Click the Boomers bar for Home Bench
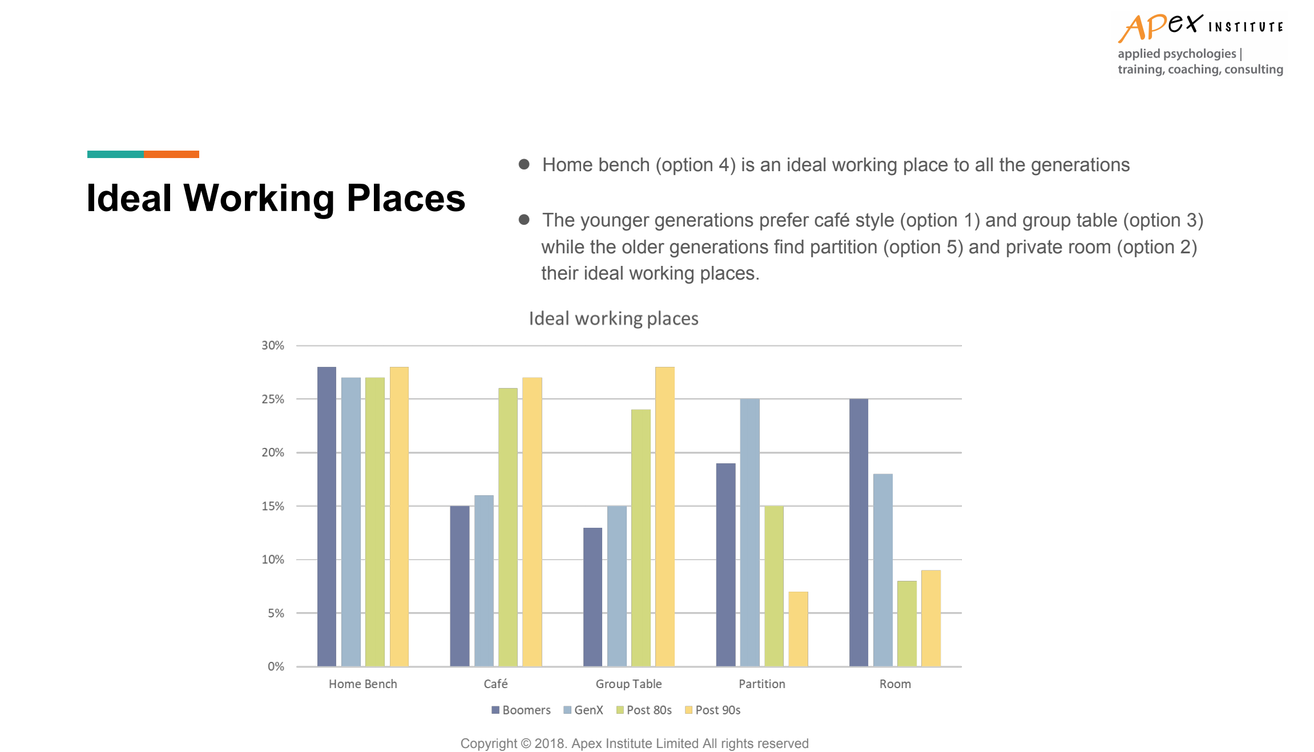(x=327, y=516)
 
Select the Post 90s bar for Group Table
(x=665, y=516)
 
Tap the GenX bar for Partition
(x=750, y=532)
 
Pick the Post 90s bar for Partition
(x=798, y=629)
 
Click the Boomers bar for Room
(x=859, y=532)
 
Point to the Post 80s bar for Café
(x=508, y=527)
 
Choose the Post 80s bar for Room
(x=907, y=624)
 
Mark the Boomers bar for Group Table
(x=592, y=597)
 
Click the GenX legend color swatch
(x=567, y=710)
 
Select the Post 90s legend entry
(x=713, y=710)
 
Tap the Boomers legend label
(x=527, y=710)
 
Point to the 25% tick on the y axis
(x=273, y=399)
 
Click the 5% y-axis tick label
(x=276, y=613)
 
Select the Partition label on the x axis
(x=762, y=684)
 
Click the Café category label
(x=495, y=683)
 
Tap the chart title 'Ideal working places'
(x=614, y=318)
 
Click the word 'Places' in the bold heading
(x=406, y=198)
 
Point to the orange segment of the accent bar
(x=171, y=154)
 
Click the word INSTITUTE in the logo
(x=1246, y=27)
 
